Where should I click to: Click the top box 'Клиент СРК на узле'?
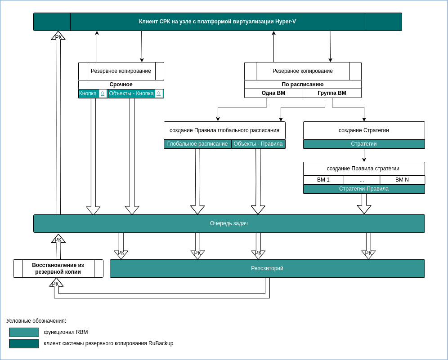tap(217, 22)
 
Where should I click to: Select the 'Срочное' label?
tap(121, 84)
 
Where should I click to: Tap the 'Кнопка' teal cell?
tap(88, 93)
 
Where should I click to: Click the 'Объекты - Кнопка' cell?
tap(131, 93)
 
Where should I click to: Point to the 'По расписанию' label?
tap(303, 84)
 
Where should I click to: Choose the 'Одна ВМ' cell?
tap(273, 93)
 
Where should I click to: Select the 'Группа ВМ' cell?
tap(332, 93)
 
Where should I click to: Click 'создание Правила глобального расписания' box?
tap(224, 130)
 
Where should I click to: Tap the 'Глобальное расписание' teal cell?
tap(197, 144)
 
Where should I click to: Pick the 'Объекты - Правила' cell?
tap(258, 144)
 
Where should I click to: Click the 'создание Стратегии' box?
tap(364, 130)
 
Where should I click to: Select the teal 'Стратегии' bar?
tap(364, 144)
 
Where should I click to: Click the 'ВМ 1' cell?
tap(323, 180)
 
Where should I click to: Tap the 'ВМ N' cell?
tap(402, 180)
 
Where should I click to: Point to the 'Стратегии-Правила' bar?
tap(364, 189)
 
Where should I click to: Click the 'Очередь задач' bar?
tap(229, 223)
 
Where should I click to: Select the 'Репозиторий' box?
tap(267, 268)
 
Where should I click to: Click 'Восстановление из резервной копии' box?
tap(58, 268)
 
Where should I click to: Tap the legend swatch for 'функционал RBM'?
tap(24, 332)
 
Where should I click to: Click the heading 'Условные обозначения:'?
tap(36, 321)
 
